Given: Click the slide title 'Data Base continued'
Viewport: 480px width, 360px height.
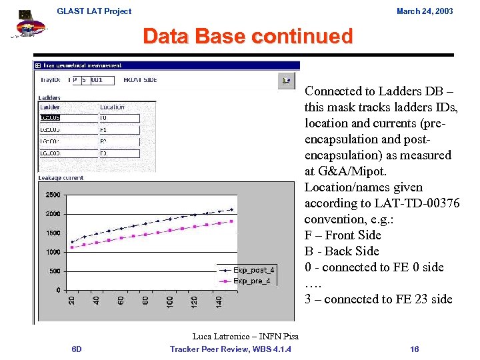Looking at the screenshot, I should point(247,36).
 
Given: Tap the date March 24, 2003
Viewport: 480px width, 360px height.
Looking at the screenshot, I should point(425,11).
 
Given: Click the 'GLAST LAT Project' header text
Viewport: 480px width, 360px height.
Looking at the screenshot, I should point(94,11).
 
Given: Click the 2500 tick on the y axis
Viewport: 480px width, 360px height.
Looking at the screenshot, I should point(53,195).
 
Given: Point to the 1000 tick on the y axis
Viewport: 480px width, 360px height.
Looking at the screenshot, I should point(53,252).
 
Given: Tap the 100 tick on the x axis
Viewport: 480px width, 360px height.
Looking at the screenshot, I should point(170,302).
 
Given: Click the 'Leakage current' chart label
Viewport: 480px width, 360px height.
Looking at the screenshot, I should point(61,178).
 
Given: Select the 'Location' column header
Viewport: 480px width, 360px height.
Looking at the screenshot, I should point(112,107).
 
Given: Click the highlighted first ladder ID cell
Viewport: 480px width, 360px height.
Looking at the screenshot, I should point(50,118).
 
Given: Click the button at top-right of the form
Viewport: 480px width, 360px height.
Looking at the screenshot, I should point(285,81).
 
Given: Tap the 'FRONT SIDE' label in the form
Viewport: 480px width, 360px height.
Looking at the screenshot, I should point(140,80).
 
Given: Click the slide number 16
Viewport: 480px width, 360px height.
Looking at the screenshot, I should point(415,349).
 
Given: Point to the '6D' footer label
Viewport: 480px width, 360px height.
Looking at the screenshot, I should point(77,349).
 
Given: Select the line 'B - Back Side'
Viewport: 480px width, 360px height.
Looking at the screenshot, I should point(341,251).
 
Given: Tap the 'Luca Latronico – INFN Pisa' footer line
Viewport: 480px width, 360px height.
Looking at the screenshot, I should point(245,337).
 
